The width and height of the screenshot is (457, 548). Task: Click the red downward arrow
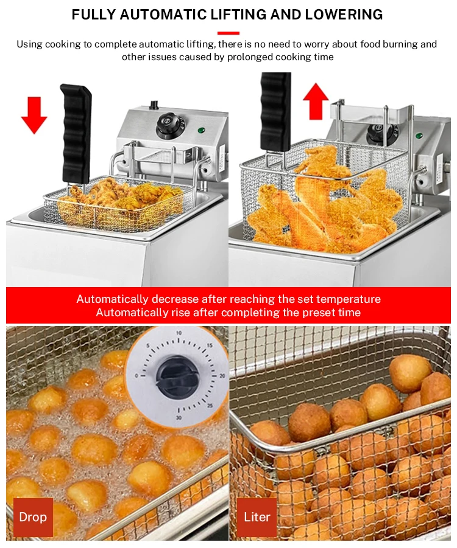(34, 116)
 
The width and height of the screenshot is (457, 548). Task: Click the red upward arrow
(316, 102)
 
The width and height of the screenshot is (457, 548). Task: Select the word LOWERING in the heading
(344, 15)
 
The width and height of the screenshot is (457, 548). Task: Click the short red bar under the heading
(228, 33)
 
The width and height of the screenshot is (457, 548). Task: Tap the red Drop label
(33, 517)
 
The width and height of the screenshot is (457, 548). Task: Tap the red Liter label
(257, 517)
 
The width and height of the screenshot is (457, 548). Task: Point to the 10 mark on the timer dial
(179, 333)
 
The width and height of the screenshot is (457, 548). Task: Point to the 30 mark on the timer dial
(179, 418)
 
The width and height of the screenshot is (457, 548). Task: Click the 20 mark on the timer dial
(222, 376)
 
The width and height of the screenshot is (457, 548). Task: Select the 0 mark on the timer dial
(136, 376)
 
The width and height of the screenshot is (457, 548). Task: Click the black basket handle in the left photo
(76, 134)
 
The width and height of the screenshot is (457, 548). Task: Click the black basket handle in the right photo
(275, 111)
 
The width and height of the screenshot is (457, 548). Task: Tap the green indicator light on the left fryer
(201, 131)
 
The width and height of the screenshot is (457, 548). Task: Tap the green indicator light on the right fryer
(419, 136)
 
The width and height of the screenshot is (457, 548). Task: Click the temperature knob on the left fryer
(168, 125)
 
